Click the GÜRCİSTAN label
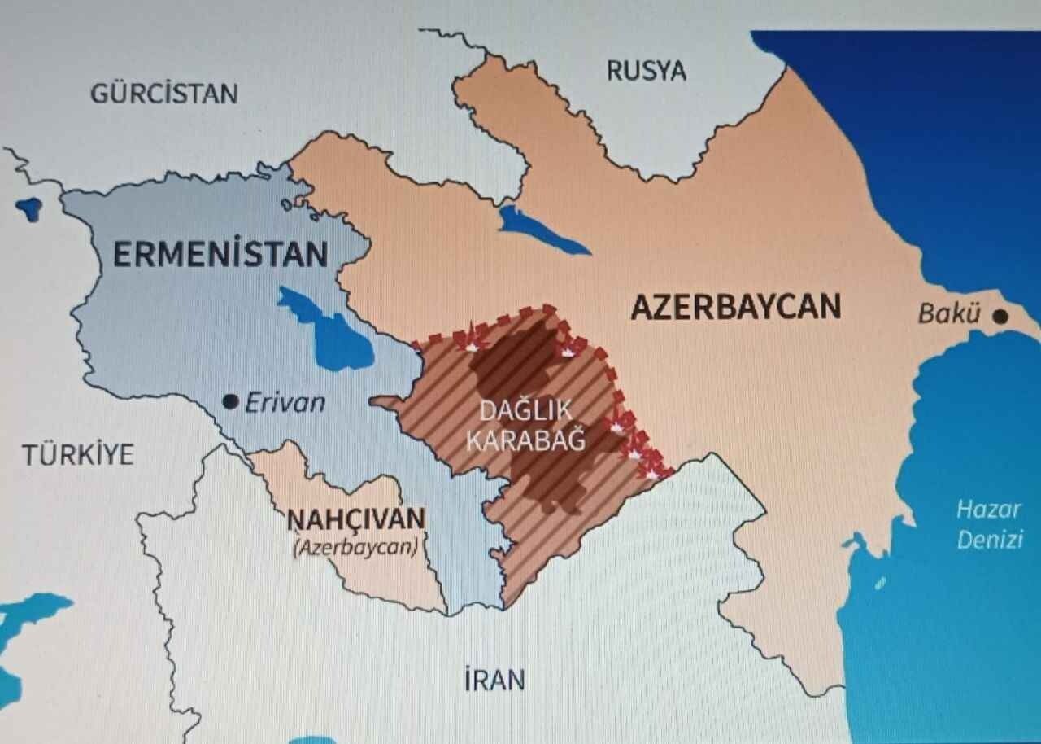click(x=163, y=93)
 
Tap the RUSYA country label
click(x=646, y=71)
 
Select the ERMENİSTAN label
click(x=220, y=255)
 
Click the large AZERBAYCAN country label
click(x=735, y=307)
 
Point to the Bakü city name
click(x=948, y=313)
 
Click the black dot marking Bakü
click(x=1000, y=316)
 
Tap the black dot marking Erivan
click(x=230, y=401)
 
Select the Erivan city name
click(x=285, y=402)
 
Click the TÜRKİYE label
click(x=77, y=454)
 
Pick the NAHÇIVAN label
click(x=355, y=518)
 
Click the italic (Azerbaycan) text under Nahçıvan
click(x=355, y=546)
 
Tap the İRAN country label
click(x=494, y=680)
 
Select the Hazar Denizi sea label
click(x=988, y=525)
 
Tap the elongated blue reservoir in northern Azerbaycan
click(x=541, y=232)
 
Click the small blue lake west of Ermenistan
click(x=29, y=208)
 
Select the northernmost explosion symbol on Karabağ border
click(x=471, y=343)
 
